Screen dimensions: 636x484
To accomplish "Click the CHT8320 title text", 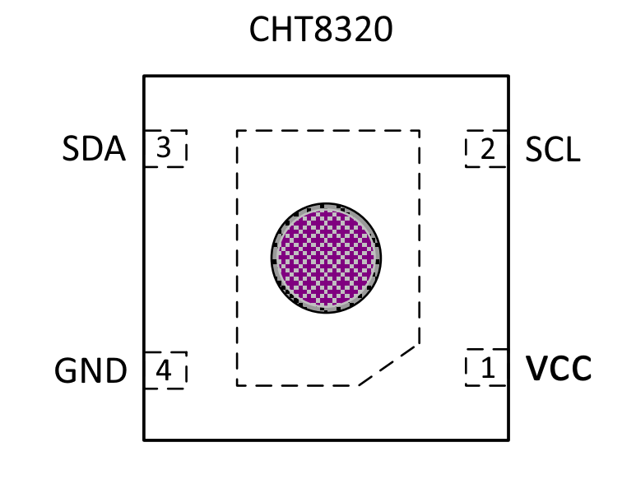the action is [321, 29].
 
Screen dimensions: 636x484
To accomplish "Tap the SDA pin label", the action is [94, 149].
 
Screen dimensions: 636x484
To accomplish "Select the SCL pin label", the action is [553, 149].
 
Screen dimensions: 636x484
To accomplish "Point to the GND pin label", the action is [91, 370].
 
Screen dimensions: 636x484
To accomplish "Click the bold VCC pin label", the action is [559, 368].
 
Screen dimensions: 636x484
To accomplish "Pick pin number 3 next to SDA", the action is [164, 148].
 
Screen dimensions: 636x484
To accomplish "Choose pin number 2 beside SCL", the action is [488, 149].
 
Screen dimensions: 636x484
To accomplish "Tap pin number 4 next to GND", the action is [164, 370].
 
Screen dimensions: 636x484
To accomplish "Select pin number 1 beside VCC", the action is [488, 368].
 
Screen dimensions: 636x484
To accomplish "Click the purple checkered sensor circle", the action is [326, 258].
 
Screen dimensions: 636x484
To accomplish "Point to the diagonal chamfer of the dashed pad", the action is [388, 365].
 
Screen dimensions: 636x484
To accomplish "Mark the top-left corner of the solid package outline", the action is [144, 76].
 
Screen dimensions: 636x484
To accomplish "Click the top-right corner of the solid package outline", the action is [508, 76].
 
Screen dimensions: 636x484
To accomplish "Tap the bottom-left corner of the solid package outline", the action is [144, 440].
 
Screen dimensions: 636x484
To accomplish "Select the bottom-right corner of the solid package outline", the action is [508, 440].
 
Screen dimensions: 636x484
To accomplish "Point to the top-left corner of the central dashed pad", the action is [237, 131].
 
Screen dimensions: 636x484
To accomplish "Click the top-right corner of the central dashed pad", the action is [419, 131].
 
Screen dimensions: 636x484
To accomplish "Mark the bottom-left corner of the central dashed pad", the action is [237, 385].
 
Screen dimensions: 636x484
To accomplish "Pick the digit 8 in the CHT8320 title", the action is [323, 29].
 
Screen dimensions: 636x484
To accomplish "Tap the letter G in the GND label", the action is [66, 370].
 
